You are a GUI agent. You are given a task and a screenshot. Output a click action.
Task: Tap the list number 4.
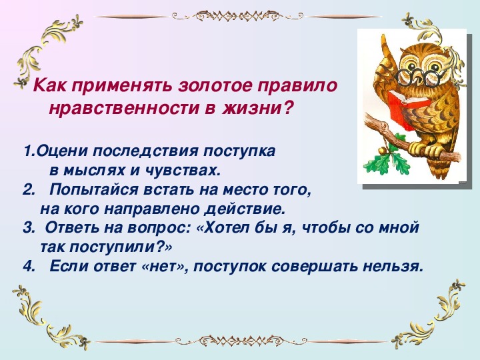(27, 266)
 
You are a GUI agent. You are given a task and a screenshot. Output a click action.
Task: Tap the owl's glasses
(417, 77)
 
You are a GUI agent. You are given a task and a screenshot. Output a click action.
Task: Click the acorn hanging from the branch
(381, 150)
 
